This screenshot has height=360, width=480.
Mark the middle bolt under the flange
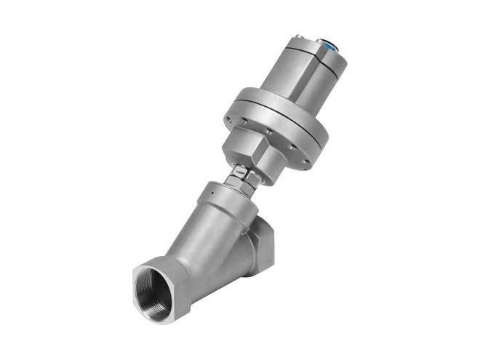pos(268,131)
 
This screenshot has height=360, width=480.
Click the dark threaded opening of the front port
pos(156,288)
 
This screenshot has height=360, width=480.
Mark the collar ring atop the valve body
pos(218,193)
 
